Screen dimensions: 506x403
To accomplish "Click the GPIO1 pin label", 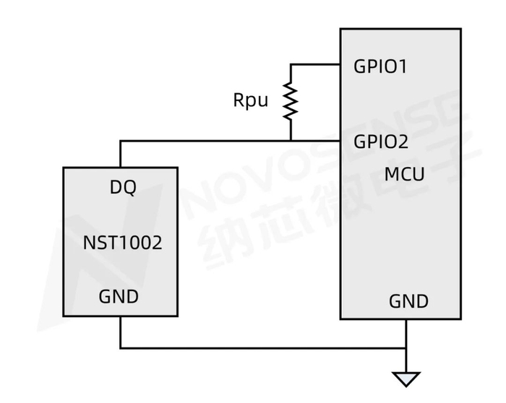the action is [379, 66].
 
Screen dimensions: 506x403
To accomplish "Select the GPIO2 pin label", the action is [381, 142].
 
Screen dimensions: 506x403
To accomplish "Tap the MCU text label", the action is [404, 175].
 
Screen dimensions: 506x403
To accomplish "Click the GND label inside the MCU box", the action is [408, 302].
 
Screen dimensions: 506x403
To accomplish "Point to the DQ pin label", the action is [123, 187].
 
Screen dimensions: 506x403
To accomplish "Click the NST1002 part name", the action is [122, 243].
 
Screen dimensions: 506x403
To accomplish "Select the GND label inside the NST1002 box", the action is [119, 297].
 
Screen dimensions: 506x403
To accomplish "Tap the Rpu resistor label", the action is [250, 100].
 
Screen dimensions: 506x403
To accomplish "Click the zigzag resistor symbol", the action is [291, 101].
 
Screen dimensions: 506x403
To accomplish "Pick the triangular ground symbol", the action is [406, 378].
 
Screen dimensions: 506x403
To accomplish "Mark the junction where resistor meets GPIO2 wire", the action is [291, 141].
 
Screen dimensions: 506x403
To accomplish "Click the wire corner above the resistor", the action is [291, 64].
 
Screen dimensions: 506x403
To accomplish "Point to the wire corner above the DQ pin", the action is [121, 141].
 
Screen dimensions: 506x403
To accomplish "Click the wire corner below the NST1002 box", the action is [121, 348].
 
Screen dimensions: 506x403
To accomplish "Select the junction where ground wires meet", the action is [406, 348].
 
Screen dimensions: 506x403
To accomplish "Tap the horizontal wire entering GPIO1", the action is [315, 64].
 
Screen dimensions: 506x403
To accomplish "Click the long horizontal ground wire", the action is [263, 348].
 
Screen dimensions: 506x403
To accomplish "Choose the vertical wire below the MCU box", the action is [406, 346].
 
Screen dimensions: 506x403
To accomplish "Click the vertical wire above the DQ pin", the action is [121, 154].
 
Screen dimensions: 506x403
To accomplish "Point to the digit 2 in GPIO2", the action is [403, 142].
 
